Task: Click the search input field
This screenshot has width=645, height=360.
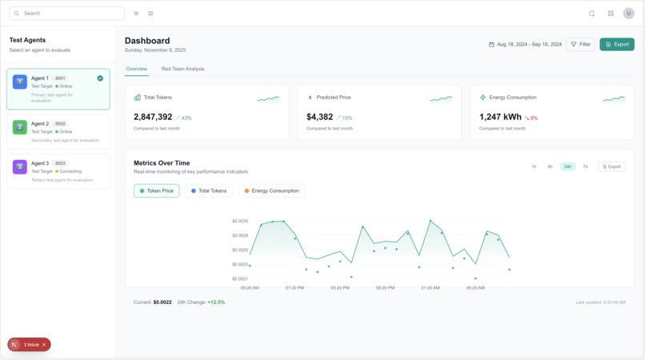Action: point(67,14)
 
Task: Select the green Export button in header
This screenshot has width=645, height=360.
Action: point(616,45)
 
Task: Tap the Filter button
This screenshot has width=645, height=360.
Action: point(580,45)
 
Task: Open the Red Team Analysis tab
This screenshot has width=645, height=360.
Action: point(182,69)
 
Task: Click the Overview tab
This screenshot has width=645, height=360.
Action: point(137,69)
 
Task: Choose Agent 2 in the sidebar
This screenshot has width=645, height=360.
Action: point(58,131)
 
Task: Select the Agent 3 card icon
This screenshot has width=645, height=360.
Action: point(20,167)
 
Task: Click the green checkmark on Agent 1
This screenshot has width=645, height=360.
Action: point(100,78)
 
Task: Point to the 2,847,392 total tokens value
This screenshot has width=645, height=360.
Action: point(153,117)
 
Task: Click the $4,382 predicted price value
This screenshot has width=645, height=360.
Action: point(320,117)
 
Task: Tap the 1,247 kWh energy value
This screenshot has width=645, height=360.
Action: point(501,117)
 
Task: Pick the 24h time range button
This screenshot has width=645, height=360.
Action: point(567,166)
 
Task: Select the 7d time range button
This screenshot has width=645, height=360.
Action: point(585,166)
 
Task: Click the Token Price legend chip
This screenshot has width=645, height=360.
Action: point(157,191)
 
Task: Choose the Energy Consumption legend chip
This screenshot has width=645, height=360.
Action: point(271,191)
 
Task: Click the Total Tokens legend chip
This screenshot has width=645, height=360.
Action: point(209,191)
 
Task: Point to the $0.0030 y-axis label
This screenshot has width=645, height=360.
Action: point(240,221)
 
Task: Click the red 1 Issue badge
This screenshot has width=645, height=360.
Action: point(29,345)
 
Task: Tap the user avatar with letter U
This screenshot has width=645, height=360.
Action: point(628,14)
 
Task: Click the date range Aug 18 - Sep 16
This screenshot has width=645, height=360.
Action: point(525,45)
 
